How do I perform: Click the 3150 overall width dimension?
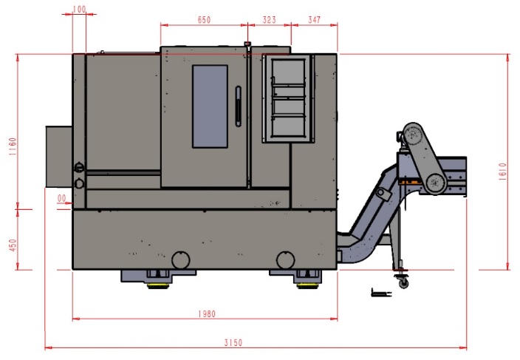click(x=233, y=342)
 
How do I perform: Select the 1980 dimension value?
click(x=207, y=313)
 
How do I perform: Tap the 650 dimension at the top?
click(x=204, y=20)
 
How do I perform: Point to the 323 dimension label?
click(x=269, y=20)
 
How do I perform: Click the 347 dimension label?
click(x=314, y=20)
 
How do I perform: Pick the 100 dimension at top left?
click(x=79, y=10)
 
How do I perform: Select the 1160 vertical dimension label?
click(x=13, y=146)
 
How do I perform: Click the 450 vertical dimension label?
click(x=13, y=245)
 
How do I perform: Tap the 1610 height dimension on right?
click(x=502, y=171)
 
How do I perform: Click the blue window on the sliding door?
click(x=210, y=106)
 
